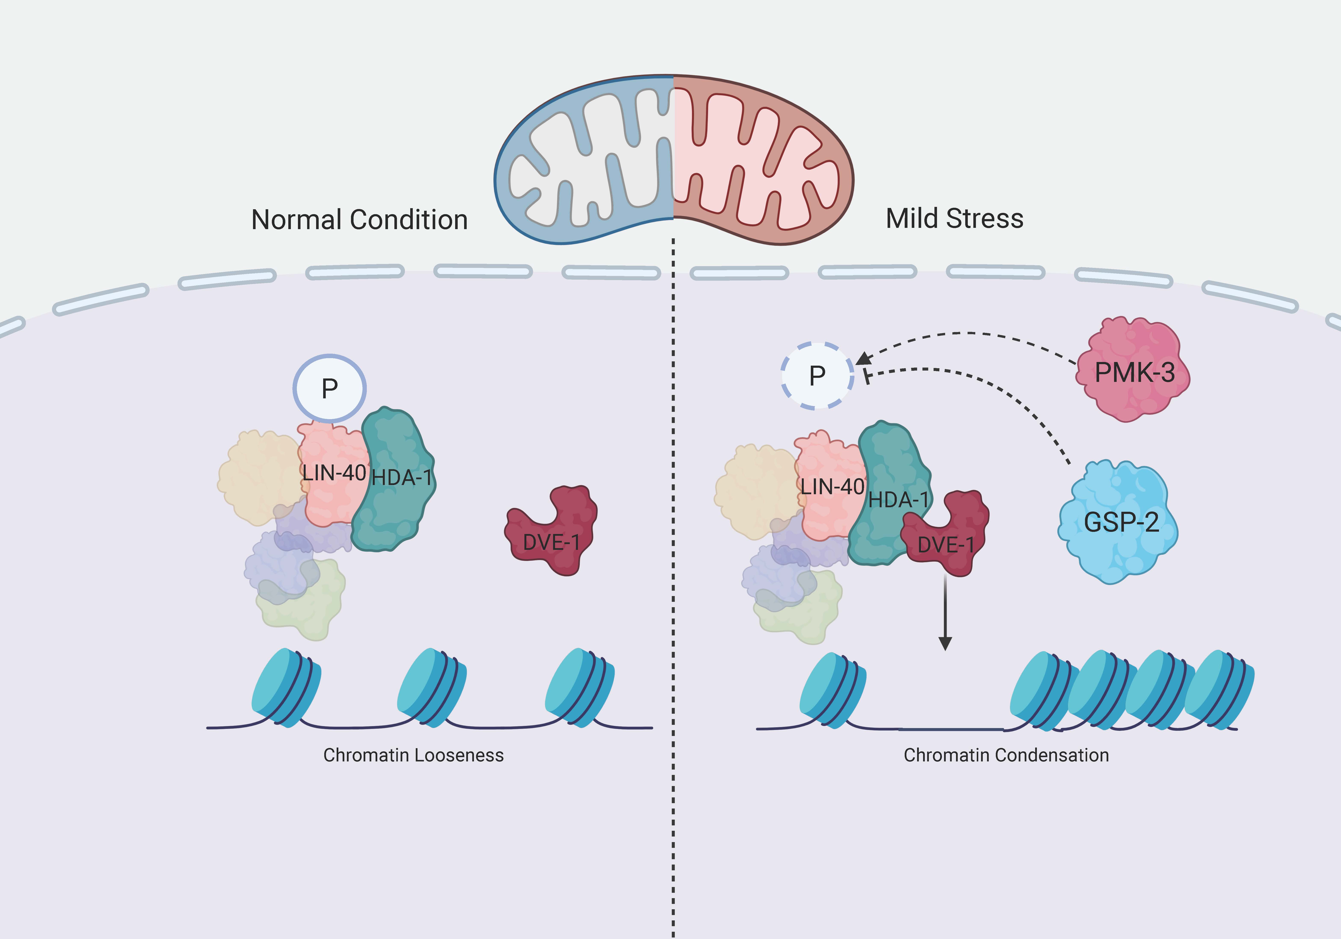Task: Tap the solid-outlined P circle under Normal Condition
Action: tap(329, 388)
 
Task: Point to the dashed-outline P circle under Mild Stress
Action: tap(817, 375)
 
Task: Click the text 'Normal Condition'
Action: tap(359, 220)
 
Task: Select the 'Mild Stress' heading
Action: tap(954, 218)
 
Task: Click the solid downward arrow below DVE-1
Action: tap(945, 614)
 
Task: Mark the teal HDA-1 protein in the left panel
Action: tap(394, 479)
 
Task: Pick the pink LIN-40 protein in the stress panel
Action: tap(829, 485)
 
